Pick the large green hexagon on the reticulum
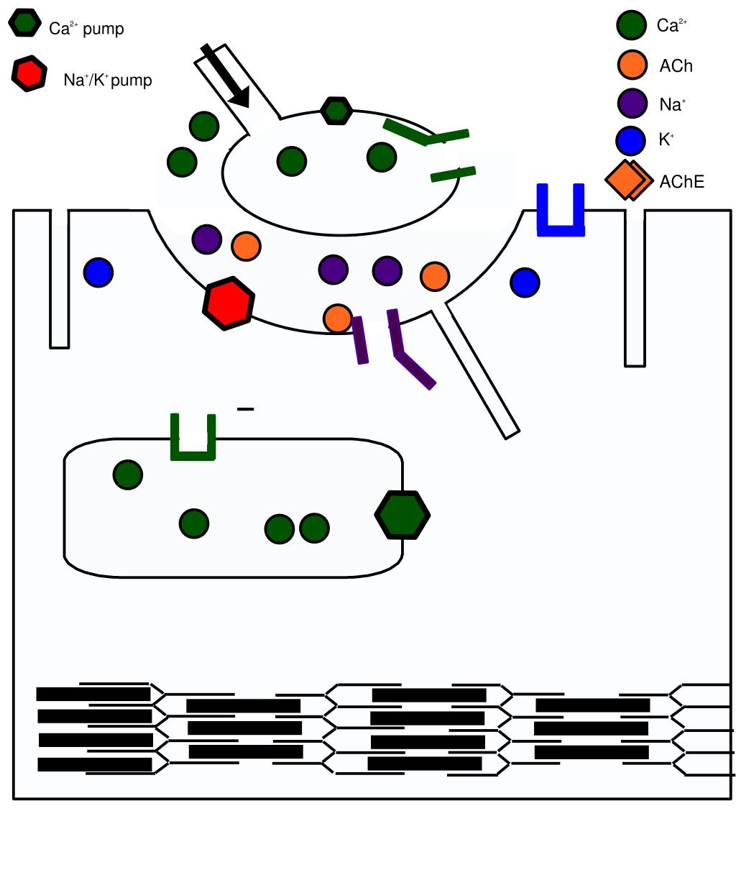point(402,514)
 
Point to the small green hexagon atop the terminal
point(336,111)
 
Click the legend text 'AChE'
point(681,182)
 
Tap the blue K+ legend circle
point(630,141)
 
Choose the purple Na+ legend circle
point(632,103)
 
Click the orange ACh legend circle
point(632,65)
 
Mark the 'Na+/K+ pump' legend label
point(108,80)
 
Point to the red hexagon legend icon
point(29,73)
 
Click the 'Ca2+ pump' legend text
point(86,29)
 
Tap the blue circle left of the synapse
point(98,273)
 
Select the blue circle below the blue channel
point(525,283)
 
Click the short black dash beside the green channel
point(245,409)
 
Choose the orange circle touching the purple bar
point(337,319)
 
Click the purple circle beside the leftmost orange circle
point(207,239)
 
